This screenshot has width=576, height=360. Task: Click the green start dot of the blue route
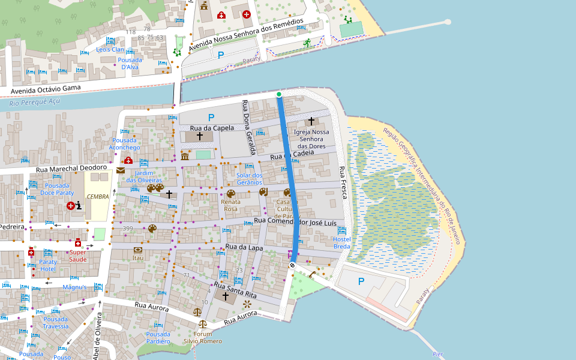[279, 94]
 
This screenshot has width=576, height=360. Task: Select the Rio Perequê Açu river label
[35, 102]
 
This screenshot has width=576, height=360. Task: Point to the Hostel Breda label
[341, 243]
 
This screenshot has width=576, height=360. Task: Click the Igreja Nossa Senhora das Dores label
[311, 139]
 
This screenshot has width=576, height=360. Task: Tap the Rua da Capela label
[212, 128]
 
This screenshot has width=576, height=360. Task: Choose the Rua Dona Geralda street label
[249, 127]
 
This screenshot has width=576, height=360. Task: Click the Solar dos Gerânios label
[250, 178]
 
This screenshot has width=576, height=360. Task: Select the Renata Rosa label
[230, 205]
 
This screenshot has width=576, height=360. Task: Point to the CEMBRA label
[98, 197]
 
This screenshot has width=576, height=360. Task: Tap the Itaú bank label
[138, 258]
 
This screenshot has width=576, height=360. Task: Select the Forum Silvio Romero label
[203, 337]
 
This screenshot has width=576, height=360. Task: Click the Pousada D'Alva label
[130, 64]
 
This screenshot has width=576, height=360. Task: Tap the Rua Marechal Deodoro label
[71, 169]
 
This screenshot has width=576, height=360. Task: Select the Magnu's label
[74, 287]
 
